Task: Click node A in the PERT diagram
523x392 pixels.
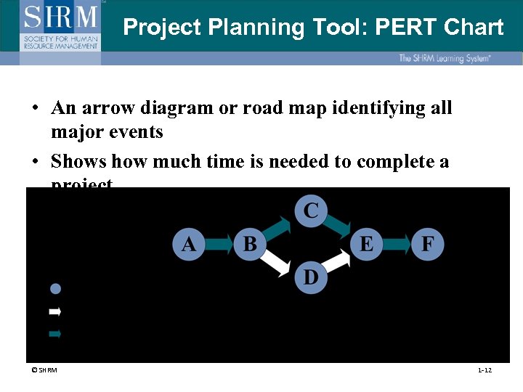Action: (x=189, y=244)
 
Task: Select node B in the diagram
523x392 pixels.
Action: (x=250, y=244)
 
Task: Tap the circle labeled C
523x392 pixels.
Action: (x=311, y=211)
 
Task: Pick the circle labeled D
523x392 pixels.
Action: (x=311, y=277)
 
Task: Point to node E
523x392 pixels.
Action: (x=367, y=244)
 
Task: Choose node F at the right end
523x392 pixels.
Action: (x=427, y=244)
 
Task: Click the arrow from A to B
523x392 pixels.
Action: (x=219, y=244)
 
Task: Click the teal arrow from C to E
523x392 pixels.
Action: (x=338, y=226)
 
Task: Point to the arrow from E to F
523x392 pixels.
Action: (x=397, y=244)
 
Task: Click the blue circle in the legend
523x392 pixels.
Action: (x=54, y=288)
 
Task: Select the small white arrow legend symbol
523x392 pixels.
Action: (x=54, y=311)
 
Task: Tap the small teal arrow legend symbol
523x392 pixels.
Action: (x=54, y=334)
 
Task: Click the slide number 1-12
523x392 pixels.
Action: (x=485, y=370)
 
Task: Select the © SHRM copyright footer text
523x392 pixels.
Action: (x=44, y=370)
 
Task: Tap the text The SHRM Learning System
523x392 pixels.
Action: (x=444, y=58)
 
